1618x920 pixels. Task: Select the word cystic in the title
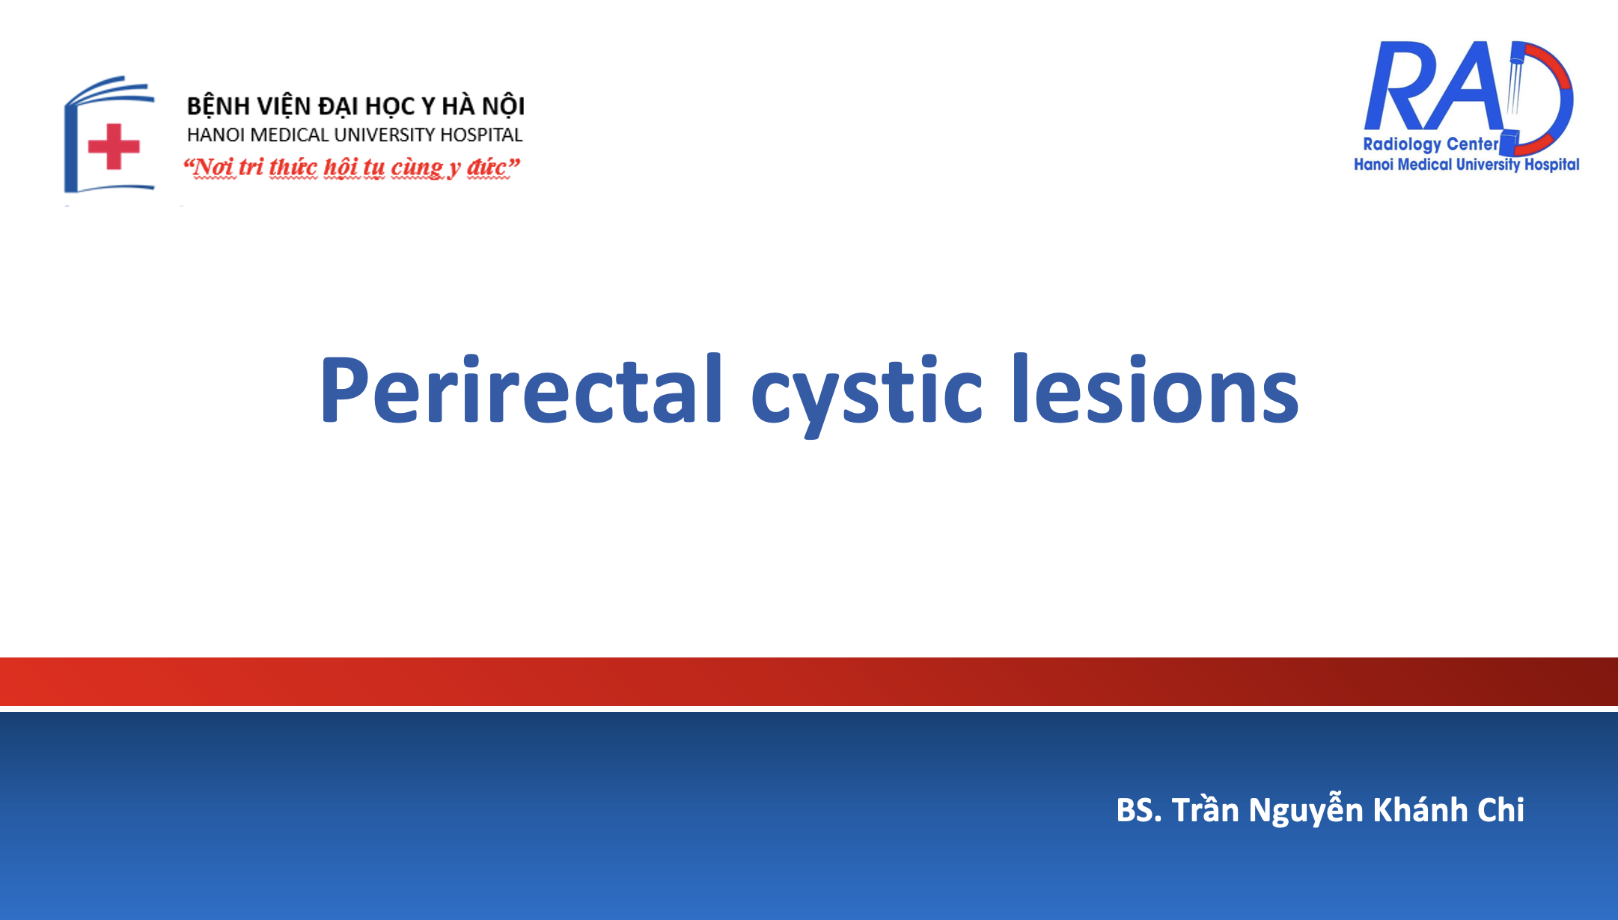point(866,394)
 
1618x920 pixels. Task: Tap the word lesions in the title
point(1156,390)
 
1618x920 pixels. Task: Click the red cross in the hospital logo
point(114,147)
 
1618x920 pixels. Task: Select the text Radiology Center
point(1430,144)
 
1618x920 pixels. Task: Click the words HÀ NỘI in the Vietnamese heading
point(483,105)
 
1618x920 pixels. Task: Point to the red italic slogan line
point(352,167)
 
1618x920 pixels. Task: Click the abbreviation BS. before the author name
point(1138,810)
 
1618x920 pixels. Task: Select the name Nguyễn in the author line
point(1305,810)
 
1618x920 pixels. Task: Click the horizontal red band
point(809,681)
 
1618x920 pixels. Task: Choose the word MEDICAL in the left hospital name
point(288,135)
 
